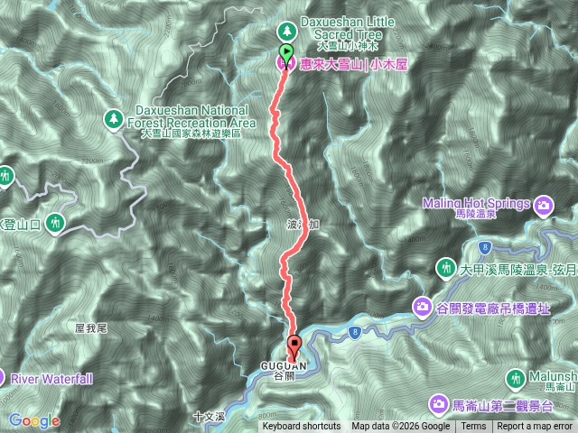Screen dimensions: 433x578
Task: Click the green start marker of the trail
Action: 286,53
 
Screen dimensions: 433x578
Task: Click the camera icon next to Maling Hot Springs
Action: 544,205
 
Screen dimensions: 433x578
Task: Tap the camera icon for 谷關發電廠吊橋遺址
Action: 422,308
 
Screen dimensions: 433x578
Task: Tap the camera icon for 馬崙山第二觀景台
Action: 438,403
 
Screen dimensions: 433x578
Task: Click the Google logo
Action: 34,420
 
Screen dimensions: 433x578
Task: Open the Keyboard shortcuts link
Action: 302,427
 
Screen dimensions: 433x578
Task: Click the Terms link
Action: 473,427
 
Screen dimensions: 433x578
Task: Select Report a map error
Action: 536,427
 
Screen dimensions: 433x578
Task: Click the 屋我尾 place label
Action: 91,328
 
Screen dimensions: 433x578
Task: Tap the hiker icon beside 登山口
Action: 56,221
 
